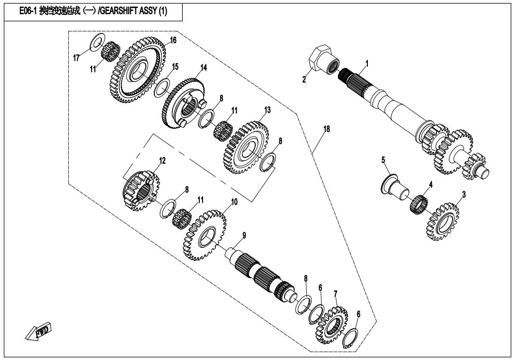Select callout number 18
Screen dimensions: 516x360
(x=326, y=129)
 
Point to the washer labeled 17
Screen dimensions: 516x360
(x=98, y=42)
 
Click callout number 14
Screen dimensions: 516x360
(x=204, y=68)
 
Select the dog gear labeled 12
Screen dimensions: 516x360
(x=141, y=190)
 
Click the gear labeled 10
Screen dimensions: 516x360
(x=205, y=234)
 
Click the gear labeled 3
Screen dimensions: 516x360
(x=444, y=221)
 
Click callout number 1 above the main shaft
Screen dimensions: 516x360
(x=367, y=63)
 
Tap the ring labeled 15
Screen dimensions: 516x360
(x=162, y=87)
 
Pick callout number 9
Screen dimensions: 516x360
(x=244, y=235)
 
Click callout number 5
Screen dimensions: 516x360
(x=383, y=160)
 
